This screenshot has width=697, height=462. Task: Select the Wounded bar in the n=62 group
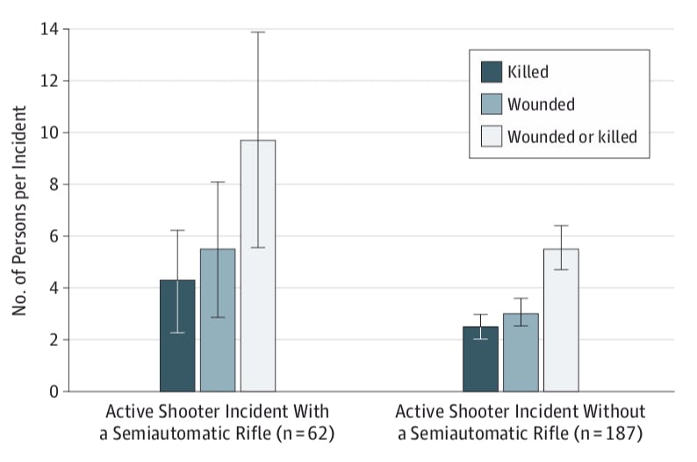(x=218, y=320)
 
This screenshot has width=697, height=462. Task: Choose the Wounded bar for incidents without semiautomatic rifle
(x=521, y=352)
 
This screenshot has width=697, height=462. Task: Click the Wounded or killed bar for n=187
(x=561, y=320)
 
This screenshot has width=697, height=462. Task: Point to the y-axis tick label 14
(x=50, y=29)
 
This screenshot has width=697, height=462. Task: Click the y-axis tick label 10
(x=50, y=133)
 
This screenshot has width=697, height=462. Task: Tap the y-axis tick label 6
(x=54, y=236)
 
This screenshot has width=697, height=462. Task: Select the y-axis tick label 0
(x=54, y=392)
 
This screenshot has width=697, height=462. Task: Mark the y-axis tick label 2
(x=54, y=340)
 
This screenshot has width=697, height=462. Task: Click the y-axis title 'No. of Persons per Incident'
(x=19, y=211)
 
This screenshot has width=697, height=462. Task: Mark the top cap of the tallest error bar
(x=258, y=32)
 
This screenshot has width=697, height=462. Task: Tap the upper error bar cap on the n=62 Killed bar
(x=177, y=230)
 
